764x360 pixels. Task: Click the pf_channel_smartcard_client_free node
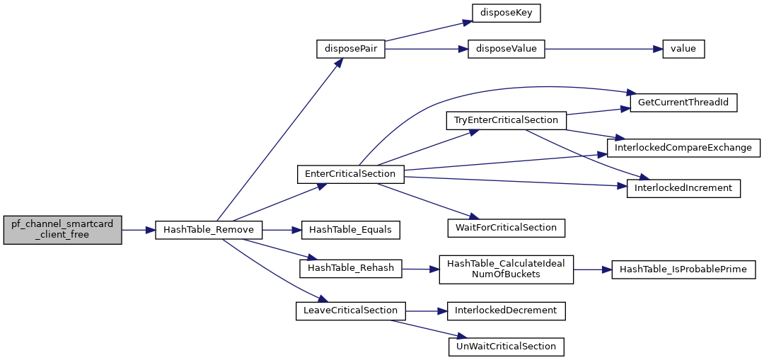pos(62,230)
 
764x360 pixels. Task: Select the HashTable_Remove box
pos(209,230)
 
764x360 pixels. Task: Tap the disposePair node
pos(350,50)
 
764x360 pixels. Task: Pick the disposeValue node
pos(506,50)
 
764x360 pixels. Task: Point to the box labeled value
pos(683,50)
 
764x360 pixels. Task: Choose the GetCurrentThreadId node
pos(683,103)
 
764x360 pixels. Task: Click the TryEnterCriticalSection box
pos(506,120)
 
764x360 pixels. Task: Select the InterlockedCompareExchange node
pos(683,148)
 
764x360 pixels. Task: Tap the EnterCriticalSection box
pos(350,173)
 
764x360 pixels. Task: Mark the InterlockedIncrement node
pos(683,188)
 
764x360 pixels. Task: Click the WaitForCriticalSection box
pos(506,228)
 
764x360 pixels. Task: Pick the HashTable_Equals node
pos(351,230)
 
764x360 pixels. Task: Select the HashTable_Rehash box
pos(351,268)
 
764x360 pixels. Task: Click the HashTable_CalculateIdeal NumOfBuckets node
pos(506,269)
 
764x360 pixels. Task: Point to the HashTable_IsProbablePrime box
pos(683,269)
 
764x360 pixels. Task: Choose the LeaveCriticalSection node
pos(350,310)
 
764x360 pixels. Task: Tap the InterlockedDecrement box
pos(506,310)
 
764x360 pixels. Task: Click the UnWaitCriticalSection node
pos(506,347)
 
